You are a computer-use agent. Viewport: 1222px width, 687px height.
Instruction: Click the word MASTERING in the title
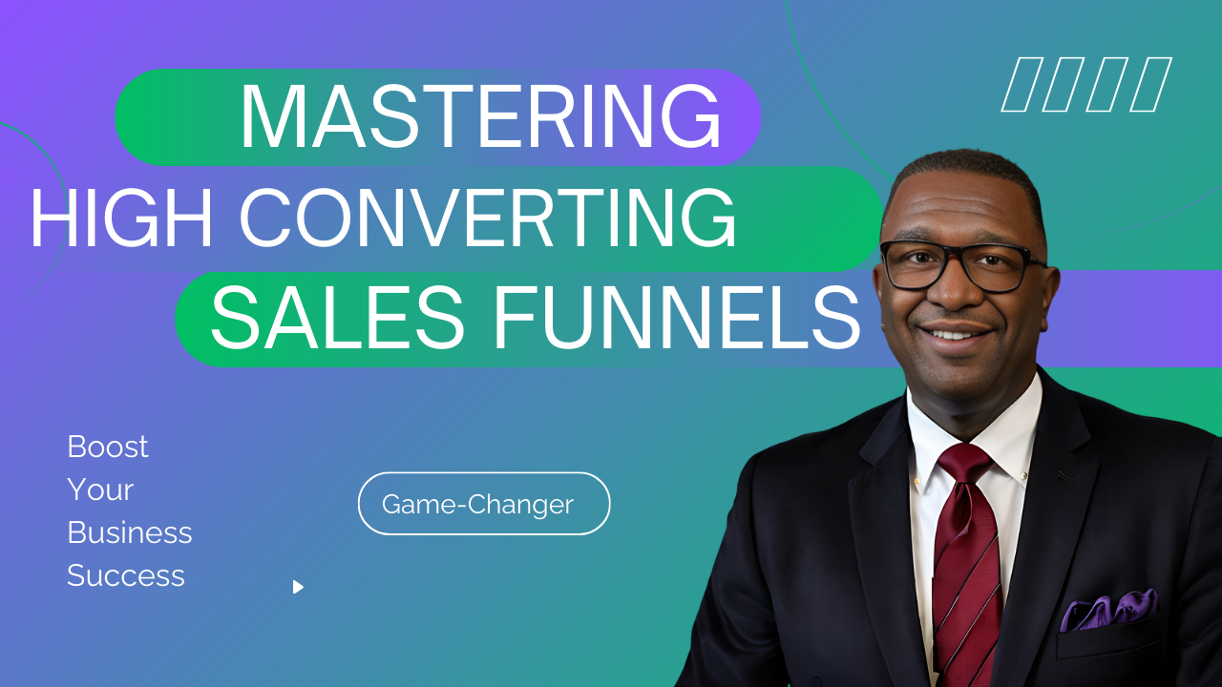pyautogui.click(x=480, y=116)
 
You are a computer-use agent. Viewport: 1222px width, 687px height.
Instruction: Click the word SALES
pyautogui.click(x=337, y=318)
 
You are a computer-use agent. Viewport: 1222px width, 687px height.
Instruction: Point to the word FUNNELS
pyautogui.click(x=677, y=318)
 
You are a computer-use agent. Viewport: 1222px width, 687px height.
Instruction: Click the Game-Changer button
pyautogui.click(x=484, y=503)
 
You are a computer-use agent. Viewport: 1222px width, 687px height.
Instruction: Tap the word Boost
pyautogui.click(x=108, y=447)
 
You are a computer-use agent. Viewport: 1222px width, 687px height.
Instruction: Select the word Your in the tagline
pyautogui.click(x=100, y=489)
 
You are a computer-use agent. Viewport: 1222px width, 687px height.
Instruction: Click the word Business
pyautogui.click(x=129, y=532)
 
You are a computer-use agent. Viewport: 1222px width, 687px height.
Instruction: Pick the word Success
pyautogui.click(x=126, y=575)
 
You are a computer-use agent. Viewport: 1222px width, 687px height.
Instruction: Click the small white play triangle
pyautogui.click(x=298, y=587)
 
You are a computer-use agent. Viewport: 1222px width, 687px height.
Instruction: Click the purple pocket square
pyautogui.click(x=1108, y=610)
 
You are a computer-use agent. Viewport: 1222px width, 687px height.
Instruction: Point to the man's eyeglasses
pyautogui.click(x=961, y=265)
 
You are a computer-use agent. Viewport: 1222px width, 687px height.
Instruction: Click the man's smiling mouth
pyautogui.click(x=956, y=331)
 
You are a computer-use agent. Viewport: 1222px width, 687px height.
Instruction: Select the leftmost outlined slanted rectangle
pyautogui.click(x=1022, y=85)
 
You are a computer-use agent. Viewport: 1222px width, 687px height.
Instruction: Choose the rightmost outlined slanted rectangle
pyautogui.click(x=1150, y=85)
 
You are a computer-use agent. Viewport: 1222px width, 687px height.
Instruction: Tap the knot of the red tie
pyautogui.click(x=964, y=463)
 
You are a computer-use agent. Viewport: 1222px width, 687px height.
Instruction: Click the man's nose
pyautogui.click(x=954, y=292)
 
